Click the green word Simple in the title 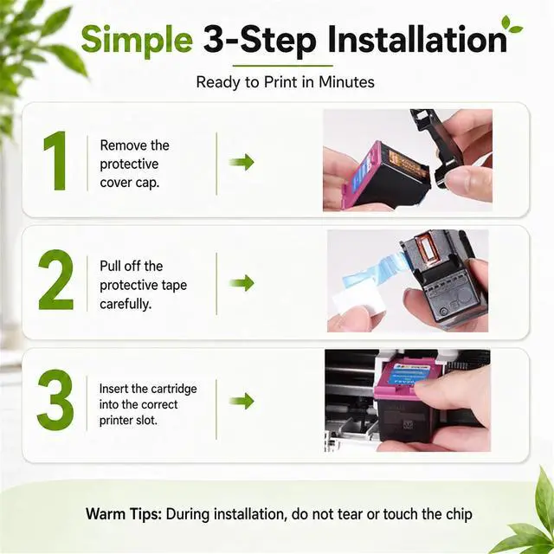point(137,40)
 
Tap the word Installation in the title point(417,38)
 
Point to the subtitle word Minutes point(346,82)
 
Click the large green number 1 point(55,161)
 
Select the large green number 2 point(55,280)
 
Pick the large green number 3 point(55,400)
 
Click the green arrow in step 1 point(242,162)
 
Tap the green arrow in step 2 point(242,283)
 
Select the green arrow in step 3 point(242,401)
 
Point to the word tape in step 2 point(174,286)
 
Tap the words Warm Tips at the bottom point(123,514)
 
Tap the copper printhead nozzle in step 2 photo point(427,251)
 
